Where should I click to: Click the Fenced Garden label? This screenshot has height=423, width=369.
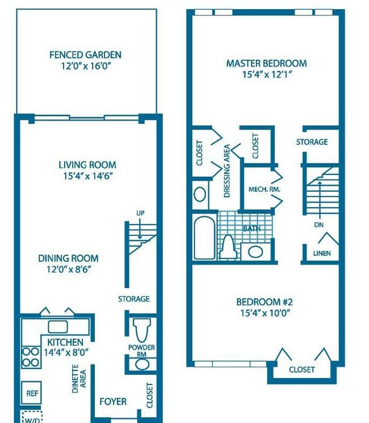coord(85,55)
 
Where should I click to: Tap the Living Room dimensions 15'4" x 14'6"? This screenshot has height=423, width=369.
coord(88,176)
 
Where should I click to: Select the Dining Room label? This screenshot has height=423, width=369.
coord(68,258)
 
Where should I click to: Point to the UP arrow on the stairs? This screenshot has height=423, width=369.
coord(140,228)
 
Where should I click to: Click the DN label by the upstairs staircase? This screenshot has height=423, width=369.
coord(319,224)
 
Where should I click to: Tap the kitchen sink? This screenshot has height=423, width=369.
coord(58,326)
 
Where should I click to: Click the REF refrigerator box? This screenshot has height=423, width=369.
coord(32,393)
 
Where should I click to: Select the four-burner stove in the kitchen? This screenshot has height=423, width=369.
coord(31,357)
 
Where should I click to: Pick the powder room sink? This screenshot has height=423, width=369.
coord(142,365)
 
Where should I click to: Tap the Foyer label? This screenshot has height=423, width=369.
coord(113,401)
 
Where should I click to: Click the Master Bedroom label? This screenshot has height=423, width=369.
coord(266,64)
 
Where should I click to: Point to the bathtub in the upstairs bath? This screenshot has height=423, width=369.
coord(204,237)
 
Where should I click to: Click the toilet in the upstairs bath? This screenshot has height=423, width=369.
coord(228,247)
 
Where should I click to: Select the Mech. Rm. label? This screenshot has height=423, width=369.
coord(265,189)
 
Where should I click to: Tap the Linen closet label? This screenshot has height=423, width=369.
coord(322,253)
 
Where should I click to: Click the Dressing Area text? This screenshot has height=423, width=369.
coord(227,171)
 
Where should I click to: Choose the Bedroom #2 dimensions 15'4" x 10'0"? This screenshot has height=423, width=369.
coord(265,313)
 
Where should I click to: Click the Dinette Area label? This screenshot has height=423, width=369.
coord(79,379)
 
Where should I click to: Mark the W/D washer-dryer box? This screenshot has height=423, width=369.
coord(32,417)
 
